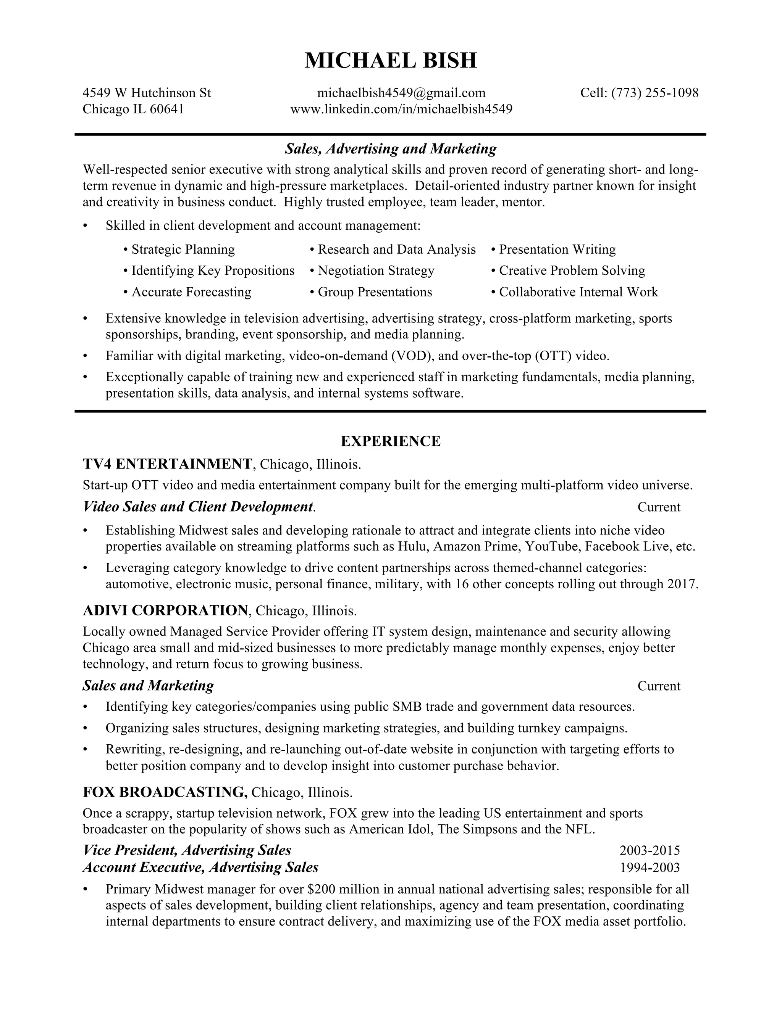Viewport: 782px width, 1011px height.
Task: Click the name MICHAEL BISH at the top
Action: (391, 61)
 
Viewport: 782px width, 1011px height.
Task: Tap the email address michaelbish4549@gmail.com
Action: (401, 93)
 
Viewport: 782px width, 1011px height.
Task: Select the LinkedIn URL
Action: (401, 109)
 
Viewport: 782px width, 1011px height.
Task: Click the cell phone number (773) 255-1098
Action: (654, 93)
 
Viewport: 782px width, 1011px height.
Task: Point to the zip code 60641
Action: (167, 109)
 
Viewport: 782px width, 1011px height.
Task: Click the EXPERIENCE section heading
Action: (391, 441)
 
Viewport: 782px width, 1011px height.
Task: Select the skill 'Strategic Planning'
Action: (183, 250)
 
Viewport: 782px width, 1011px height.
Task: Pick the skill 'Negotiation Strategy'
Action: (376, 271)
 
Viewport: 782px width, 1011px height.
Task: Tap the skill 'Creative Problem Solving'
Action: (572, 271)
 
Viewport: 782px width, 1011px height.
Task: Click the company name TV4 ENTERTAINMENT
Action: (168, 464)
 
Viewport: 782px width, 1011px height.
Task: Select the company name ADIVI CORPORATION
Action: (165, 610)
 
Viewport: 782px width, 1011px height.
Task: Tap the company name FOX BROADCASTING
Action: (165, 792)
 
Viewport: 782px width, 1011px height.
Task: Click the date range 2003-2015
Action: (650, 850)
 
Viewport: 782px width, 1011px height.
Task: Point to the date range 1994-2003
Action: (650, 868)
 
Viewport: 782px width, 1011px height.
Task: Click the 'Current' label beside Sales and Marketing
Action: (658, 686)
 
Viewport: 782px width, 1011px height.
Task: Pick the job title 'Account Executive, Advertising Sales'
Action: (200, 868)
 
